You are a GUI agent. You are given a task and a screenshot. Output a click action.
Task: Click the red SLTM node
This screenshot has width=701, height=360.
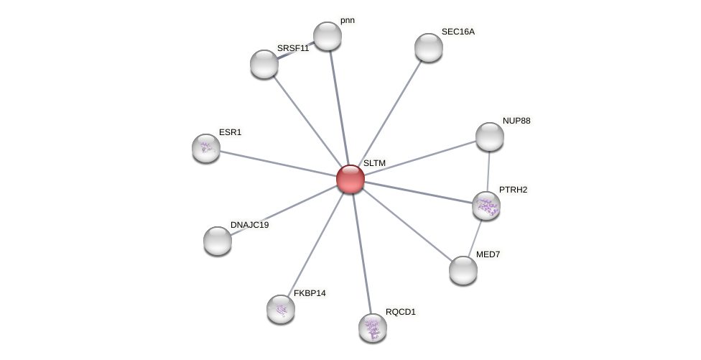coord(350,179)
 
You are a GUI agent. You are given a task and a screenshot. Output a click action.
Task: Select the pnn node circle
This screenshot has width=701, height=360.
coord(328,36)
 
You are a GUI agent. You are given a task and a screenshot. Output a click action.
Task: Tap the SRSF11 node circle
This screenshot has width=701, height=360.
coord(264,64)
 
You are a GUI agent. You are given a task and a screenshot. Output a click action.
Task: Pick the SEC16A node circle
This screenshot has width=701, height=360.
coord(429,47)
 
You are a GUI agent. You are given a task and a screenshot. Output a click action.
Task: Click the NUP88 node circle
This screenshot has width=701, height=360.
coord(490,137)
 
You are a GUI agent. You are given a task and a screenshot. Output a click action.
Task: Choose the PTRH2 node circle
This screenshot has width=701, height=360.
coord(486,206)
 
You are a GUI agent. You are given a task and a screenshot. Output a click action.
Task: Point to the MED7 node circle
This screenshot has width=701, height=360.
coord(463,270)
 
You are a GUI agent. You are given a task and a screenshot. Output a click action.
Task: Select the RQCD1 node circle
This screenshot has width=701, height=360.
coord(373,328)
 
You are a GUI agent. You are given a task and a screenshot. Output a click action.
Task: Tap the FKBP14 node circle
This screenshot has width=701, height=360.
coord(281,309)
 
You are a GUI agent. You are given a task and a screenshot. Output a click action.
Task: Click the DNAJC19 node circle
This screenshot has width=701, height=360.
coord(218,241)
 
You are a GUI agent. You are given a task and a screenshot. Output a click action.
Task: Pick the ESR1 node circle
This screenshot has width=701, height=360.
coord(206,148)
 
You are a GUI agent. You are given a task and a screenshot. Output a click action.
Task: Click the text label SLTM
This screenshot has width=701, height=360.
coord(374,163)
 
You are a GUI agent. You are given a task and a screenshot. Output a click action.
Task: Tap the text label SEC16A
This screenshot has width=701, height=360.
coord(458,32)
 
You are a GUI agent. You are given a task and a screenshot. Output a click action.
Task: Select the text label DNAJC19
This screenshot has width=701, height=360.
coord(249,225)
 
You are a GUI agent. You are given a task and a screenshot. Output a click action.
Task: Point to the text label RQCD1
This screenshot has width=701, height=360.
coord(401,312)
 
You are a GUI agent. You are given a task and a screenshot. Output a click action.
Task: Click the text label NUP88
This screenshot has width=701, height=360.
coord(516,121)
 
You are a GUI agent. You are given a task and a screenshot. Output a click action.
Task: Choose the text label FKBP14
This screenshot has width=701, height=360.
coord(310,293)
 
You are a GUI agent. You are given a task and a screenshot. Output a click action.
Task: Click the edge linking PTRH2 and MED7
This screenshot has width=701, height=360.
coord(475,237)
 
